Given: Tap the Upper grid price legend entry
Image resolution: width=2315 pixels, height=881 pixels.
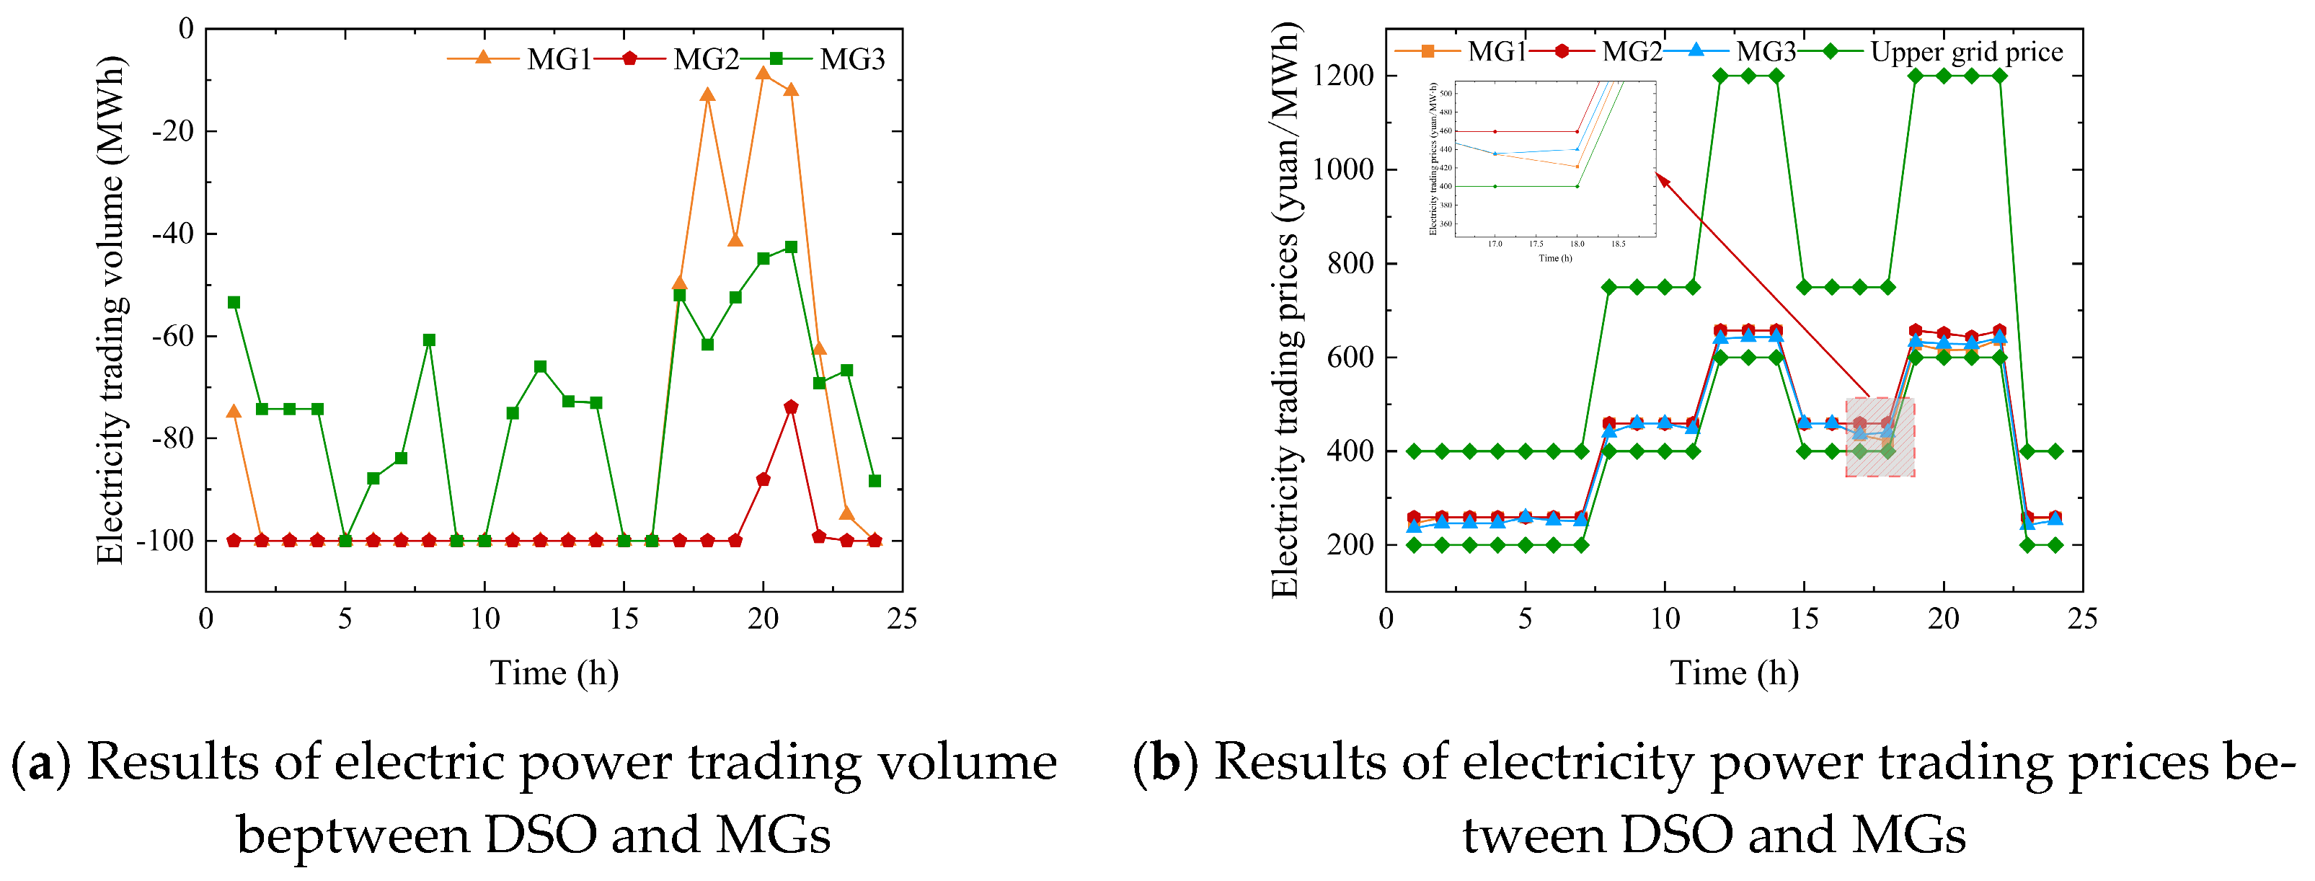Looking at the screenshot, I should click(x=1941, y=52).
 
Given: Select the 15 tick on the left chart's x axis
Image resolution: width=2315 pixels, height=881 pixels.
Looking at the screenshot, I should click(x=624, y=619).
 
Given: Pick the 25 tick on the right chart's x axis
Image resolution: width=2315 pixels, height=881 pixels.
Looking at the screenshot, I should click(x=2082, y=619).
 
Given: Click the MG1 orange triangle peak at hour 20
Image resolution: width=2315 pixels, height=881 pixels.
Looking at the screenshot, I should click(x=763, y=73).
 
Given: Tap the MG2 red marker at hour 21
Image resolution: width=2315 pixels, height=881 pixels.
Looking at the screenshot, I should click(x=791, y=407).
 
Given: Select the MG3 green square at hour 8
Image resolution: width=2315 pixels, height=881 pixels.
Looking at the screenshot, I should click(x=429, y=340).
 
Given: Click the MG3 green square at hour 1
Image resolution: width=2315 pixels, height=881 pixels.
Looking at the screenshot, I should click(x=234, y=302).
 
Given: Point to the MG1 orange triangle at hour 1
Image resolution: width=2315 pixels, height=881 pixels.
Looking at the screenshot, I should click(x=234, y=412).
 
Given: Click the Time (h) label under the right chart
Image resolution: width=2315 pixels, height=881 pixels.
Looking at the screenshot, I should click(x=1734, y=673).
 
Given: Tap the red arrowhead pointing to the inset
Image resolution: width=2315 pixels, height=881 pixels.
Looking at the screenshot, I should click(x=1663, y=182).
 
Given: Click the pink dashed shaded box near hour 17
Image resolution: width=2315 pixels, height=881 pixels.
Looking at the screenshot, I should click(x=1880, y=437).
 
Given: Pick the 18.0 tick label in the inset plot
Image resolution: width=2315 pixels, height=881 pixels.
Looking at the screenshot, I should click(x=1577, y=244).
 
